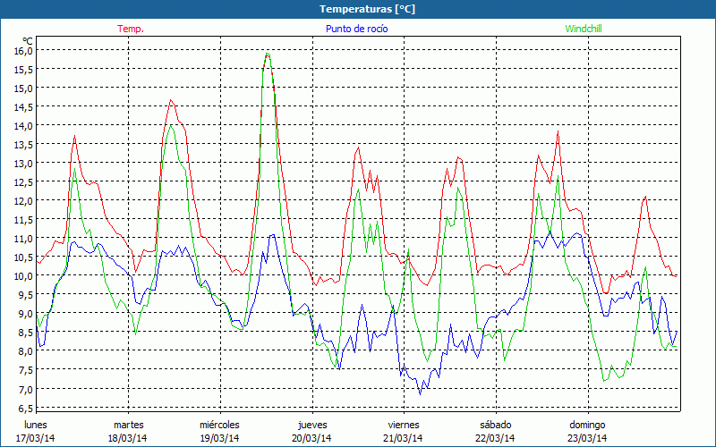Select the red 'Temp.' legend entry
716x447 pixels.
(x=131, y=29)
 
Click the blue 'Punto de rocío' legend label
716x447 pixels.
(x=356, y=29)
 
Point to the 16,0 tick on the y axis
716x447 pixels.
(x=22, y=51)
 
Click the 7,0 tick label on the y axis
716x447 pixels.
(x=22, y=389)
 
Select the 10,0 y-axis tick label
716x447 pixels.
(x=22, y=276)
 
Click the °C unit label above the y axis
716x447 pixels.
(x=29, y=40)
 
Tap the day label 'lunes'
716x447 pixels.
(x=36, y=425)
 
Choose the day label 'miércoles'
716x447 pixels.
(x=219, y=425)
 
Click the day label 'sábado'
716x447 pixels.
(x=495, y=425)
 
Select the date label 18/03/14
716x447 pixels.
(x=128, y=438)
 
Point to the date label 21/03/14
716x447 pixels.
(x=404, y=438)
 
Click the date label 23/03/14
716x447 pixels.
(x=587, y=438)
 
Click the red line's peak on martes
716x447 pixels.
(x=171, y=100)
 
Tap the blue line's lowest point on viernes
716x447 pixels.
(x=420, y=393)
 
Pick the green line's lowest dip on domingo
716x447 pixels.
(x=605, y=382)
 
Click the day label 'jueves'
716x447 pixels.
(x=311, y=425)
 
